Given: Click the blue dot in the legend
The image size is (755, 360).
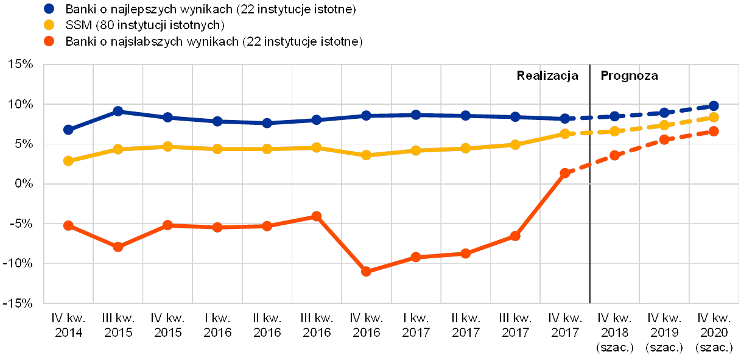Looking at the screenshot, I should coord(49,9).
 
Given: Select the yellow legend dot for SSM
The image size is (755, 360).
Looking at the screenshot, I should coord(49,26).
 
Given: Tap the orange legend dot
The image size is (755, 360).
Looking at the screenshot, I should coord(49,42).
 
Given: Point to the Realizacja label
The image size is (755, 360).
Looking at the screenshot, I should coord(548,76).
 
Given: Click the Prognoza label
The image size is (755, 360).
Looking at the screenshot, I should coord(631,76).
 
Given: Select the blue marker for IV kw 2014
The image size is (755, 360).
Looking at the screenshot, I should coord(68,130).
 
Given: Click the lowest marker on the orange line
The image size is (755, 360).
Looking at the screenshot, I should coord(367,272).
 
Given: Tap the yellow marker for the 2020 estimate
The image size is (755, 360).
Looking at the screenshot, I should coord(714,117).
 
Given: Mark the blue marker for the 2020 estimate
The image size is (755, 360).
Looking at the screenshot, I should coord(714,106).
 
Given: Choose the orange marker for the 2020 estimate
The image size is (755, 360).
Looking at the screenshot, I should coord(714,131).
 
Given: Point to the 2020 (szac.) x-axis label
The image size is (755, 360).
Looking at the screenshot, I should coord(714,333).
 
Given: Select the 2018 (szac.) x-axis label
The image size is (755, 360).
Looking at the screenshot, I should coord(614,333).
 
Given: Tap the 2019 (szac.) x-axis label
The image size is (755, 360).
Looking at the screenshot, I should coord(664,333).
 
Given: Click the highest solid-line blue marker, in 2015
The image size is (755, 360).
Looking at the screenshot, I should coord(118,111).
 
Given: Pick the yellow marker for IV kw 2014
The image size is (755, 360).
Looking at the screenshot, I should coord(68,161).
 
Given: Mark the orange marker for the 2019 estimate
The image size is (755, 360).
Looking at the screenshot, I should coord(664,139).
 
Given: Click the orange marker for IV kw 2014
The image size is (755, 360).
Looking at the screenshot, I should coord(68,225).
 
